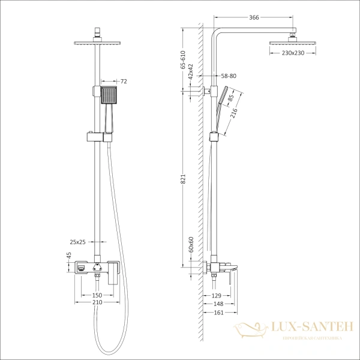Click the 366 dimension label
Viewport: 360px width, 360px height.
click(x=254, y=18)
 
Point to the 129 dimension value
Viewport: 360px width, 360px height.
click(x=218, y=296)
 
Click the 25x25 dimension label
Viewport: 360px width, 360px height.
click(x=79, y=242)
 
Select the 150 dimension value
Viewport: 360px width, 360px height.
click(x=97, y=296)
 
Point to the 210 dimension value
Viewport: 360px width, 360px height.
click(x=97, y=304)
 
